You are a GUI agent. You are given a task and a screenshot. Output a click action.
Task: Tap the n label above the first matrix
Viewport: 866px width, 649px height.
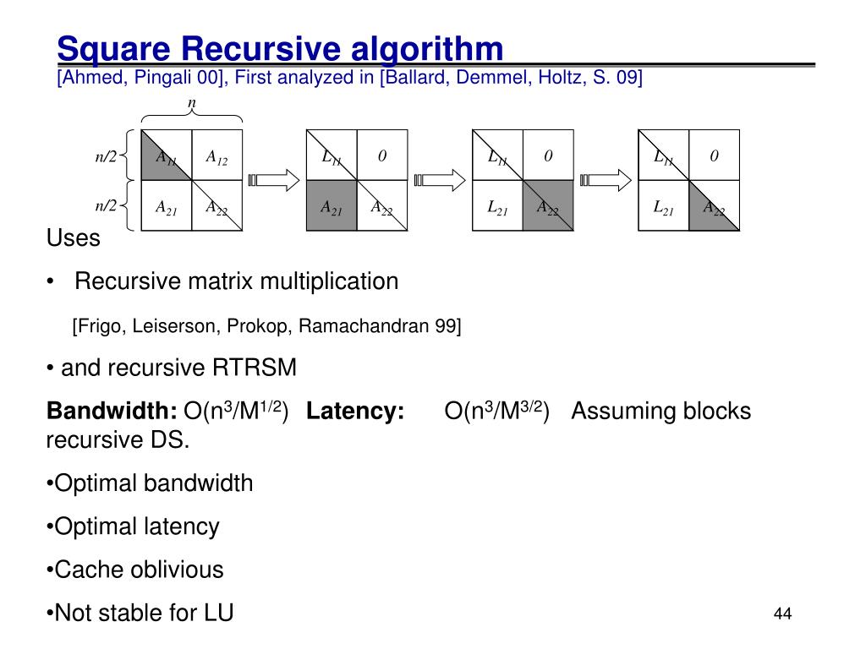click(x=191, y=103)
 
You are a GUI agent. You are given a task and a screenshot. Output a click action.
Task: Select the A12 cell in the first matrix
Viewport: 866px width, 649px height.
click(x=216, y=156)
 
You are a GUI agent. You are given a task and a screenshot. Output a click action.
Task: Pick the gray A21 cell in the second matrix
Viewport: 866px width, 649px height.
click(x=332, y=206)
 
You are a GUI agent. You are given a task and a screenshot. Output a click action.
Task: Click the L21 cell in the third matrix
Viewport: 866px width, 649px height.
click(x=497, y=206)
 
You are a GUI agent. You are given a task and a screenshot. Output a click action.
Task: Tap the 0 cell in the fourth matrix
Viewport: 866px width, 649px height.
click(x=714, y=156)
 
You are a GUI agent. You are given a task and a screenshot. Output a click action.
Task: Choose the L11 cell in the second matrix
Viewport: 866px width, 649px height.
click(x=332, y=156)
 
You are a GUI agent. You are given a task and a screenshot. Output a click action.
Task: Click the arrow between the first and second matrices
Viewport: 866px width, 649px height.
click(x=274, y=180)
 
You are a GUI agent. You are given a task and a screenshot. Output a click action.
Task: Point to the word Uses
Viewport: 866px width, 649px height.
click(x=73, y=238)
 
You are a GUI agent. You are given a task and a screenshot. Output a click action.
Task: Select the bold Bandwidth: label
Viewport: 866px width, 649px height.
click(x=112, y=412)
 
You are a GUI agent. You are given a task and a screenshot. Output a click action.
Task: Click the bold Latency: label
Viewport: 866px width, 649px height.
click(x=355, y=412)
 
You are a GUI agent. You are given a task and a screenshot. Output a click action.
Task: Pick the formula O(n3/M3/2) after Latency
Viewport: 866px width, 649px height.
click(x=496, y=411)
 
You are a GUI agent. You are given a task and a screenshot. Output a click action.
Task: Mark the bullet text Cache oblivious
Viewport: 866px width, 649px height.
click(x=139, y=570)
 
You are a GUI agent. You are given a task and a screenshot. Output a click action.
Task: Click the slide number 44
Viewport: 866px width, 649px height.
click(x=782, y=614)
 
